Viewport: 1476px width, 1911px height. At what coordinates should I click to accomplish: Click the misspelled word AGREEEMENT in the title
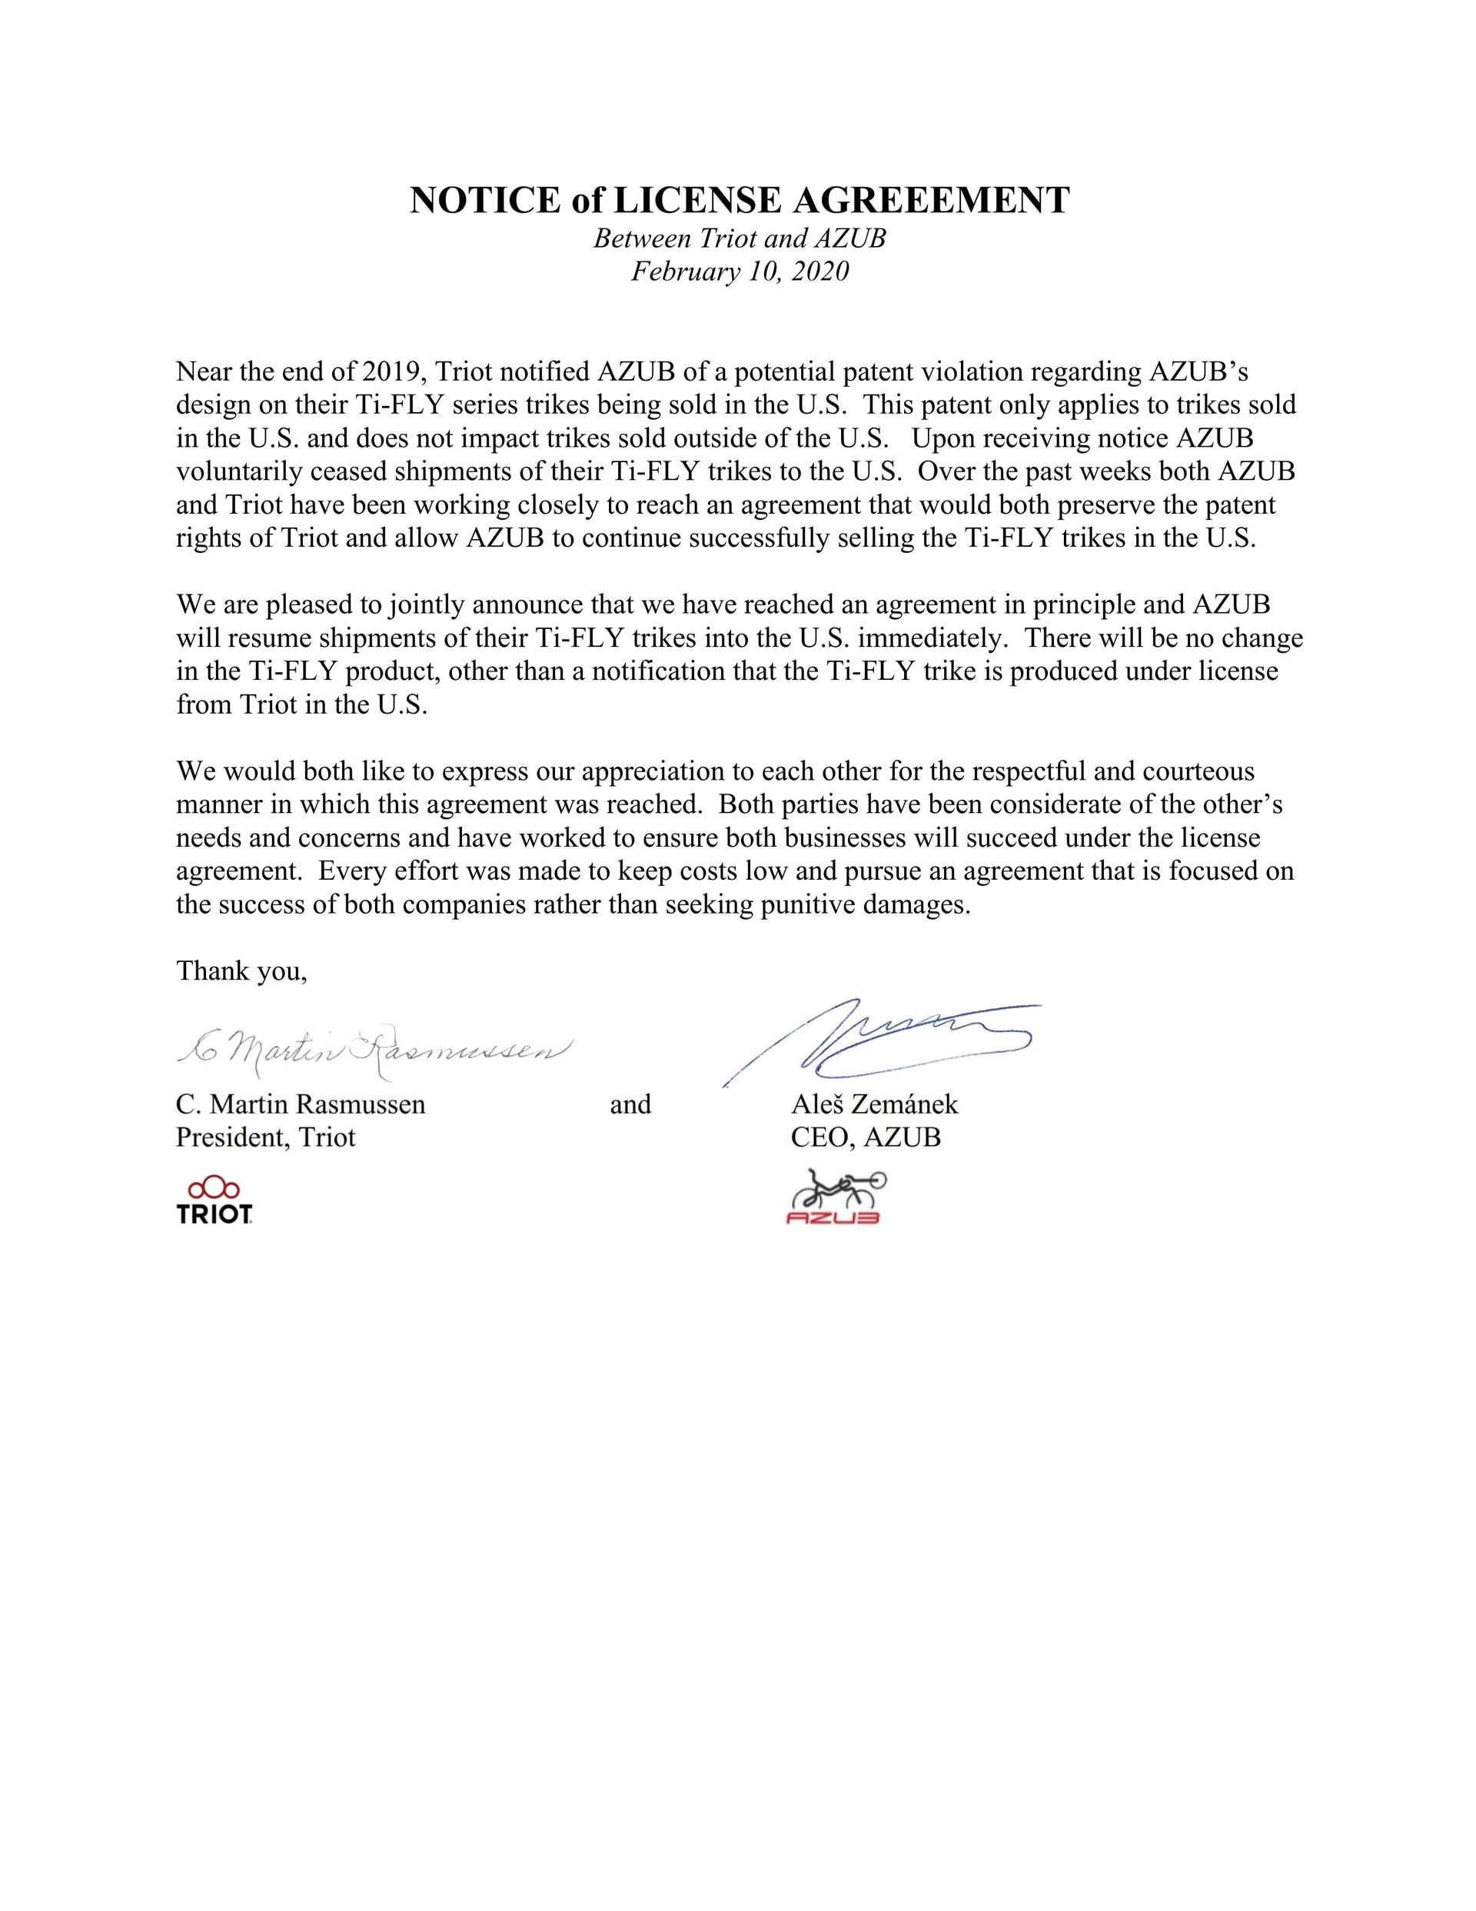point(931,201)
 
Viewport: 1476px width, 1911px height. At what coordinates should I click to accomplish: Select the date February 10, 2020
point(740,271)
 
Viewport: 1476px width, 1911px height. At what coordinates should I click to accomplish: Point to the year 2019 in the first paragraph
point(391,372)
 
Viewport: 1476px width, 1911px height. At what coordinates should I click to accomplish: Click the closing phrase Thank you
point(241,970)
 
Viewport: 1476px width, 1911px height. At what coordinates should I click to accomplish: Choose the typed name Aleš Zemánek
point(874,1104)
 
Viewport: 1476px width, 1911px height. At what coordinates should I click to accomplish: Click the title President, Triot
point(265,1137)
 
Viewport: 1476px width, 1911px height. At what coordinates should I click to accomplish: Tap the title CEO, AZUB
point(866,1137)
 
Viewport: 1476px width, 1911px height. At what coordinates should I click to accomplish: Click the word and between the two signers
point(630,1104)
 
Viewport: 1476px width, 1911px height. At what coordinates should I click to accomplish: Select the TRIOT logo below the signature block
point(214,1200)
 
